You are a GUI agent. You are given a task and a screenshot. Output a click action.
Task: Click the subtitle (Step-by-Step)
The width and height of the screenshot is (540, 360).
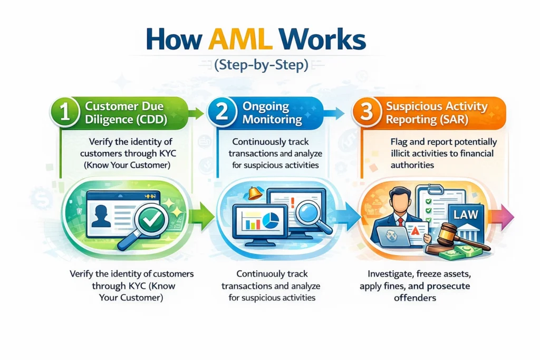click(x=269, y=66)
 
